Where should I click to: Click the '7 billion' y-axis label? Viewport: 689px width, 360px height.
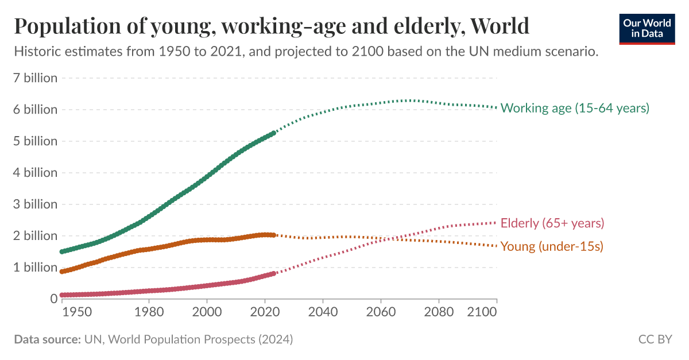tap(36, 78)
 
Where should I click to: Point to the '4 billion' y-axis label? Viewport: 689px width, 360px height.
tap(36, 173)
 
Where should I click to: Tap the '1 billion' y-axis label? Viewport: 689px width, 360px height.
tap(36, 268)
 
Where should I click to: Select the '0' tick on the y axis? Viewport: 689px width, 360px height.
tap(53, 299)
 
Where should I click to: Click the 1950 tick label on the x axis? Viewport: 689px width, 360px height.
tap(76, 312)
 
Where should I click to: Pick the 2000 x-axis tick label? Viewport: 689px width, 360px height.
tap(207, 312)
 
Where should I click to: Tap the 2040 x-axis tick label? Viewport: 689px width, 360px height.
tap(323, 312)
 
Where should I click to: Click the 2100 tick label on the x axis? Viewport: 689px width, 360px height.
tap(482, 312)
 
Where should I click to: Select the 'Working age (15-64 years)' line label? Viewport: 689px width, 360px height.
tap(575, 108)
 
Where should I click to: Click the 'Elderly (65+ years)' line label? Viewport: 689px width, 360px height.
tap(552, 223)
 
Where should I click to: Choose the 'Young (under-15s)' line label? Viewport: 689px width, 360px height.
tap(552, 247)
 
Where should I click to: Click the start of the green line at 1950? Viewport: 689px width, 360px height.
tap(62, 251)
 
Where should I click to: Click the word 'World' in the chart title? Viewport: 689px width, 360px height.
tap(499, 26)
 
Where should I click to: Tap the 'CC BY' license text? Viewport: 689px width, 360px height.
tap(655, 339)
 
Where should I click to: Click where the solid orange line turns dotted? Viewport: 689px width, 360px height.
tap(274, 235)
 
